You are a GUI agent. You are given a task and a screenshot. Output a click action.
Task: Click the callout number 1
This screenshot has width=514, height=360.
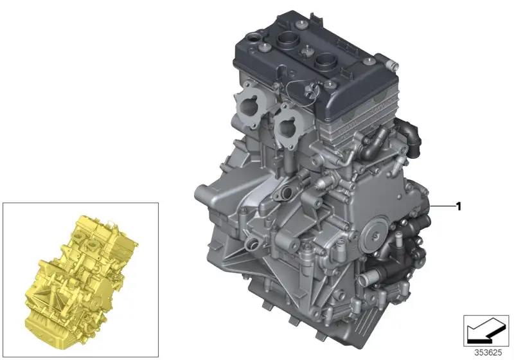click(x=459, y=206)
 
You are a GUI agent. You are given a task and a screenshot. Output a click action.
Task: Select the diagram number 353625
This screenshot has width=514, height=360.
click(x=488, y=353)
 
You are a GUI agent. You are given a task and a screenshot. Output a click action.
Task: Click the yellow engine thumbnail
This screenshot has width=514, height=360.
click(x=82, y=282)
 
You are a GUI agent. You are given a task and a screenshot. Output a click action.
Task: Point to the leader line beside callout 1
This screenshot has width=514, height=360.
click(x=443, y=206)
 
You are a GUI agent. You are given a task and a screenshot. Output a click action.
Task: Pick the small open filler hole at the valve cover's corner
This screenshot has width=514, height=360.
click(x=254, y=39)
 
